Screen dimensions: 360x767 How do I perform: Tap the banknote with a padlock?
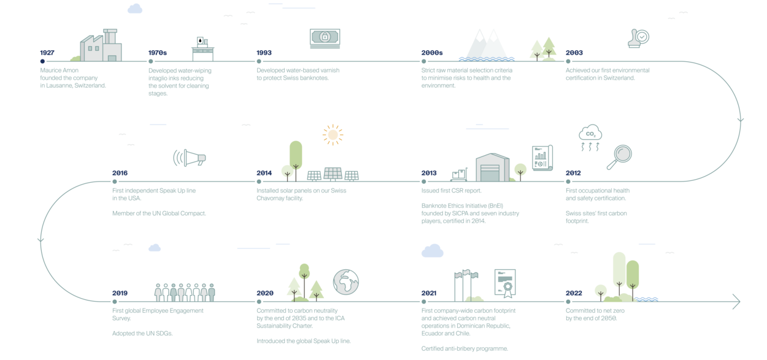pyautogui.click(x=325, y=38)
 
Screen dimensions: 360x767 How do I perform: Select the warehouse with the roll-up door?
pyautogui.click(x=493, y=167)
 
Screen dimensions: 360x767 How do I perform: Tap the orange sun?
pyautogui.click(x=333, y=134)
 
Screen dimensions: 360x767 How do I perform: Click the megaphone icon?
pyautogui.click(x=190, y=158)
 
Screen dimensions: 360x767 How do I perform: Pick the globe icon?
pyautogui.click(x=346, y=281)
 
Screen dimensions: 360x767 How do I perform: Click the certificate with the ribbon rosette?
pyautogui.click(x=504, y=282)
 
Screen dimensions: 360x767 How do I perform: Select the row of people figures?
pyautogui.click(x=185, y=291)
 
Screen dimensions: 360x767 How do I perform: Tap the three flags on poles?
pyautogui.click(x=466, y=283)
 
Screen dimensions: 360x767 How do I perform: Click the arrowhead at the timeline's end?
pyautogui.click(x=736, y=301)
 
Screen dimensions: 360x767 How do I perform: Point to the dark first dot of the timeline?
pyautogui.click(x=42, y=61)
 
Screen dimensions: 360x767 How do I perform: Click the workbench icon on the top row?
pyautogui.click(x=202, y=48)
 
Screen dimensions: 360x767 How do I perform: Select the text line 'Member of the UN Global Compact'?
pyautogui.click(x=158, y=213)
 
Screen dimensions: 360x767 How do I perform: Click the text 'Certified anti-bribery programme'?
pyautogui.click(x=464, y=348)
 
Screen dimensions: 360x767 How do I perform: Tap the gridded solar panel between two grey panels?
pyautogui.click(x=333, y=174)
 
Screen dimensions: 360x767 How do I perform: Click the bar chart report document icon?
pyautogui.click(x=542, y=158)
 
